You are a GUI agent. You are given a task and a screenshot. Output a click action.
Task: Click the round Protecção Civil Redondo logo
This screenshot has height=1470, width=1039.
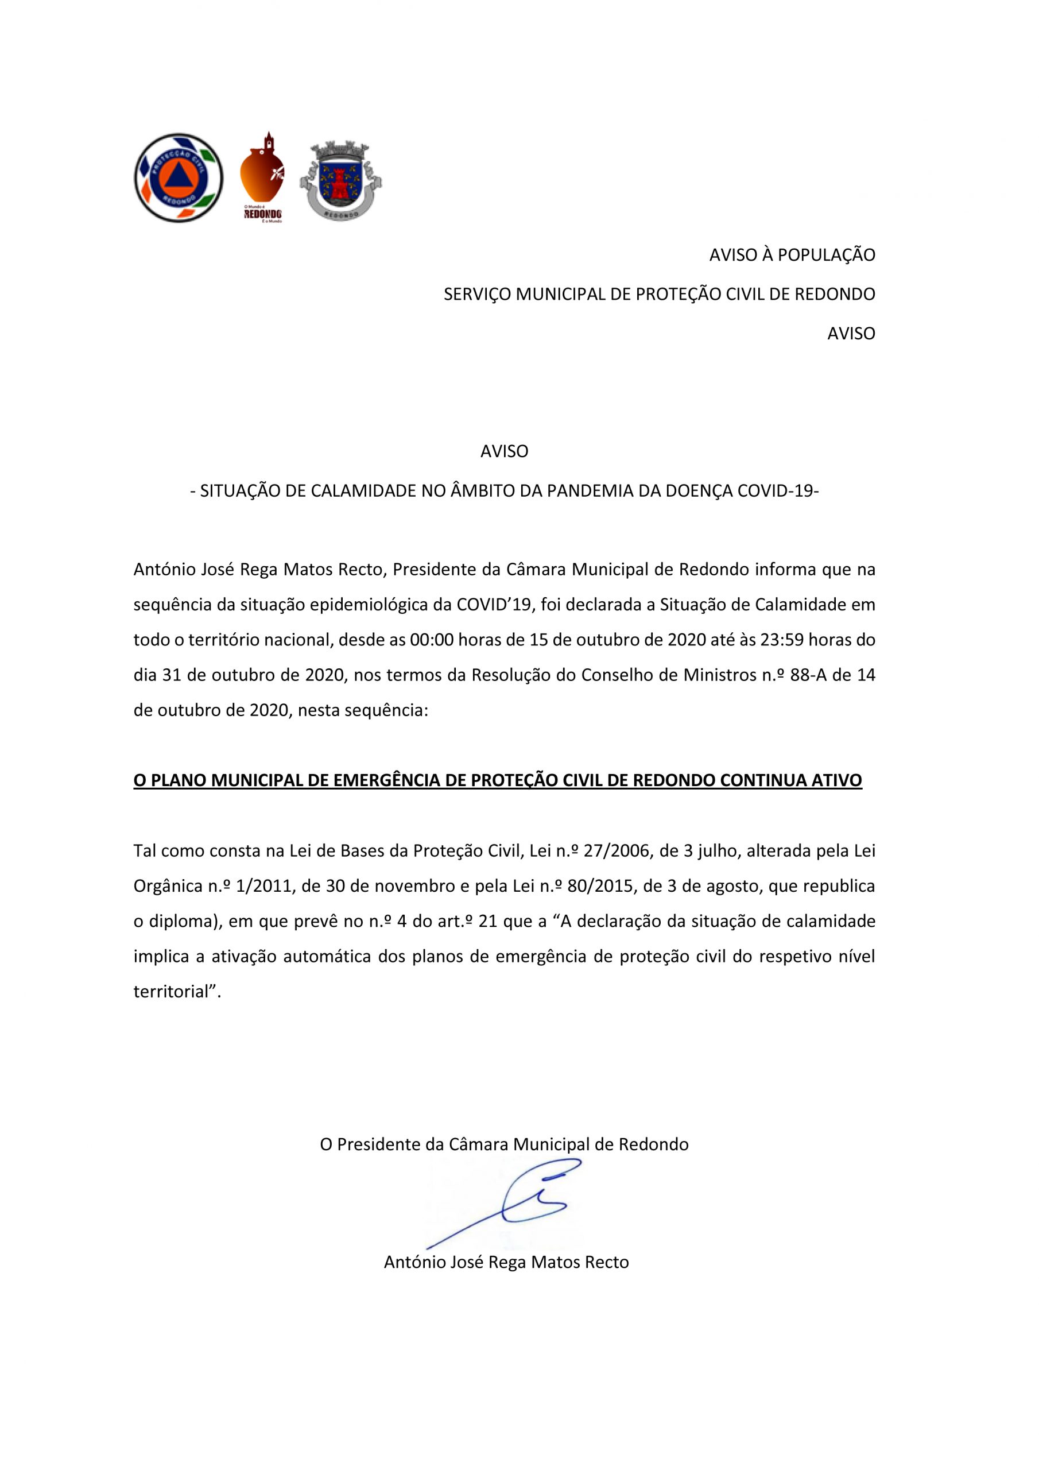pos(179,177)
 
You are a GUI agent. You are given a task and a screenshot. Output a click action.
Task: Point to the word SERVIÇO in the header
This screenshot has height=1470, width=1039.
pos(477,295)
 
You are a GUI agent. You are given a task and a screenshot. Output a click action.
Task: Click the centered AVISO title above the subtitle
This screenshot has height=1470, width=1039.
pos(505,451)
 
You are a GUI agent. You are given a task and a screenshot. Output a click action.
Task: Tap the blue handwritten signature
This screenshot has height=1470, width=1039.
pos(512,1204)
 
